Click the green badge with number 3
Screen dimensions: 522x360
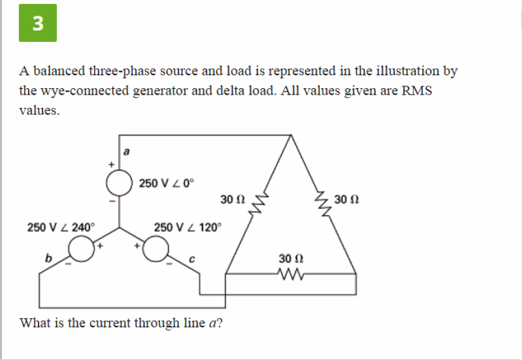[37, 23]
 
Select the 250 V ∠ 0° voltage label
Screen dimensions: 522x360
[167, 183]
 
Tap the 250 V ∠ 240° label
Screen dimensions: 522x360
[61, 227]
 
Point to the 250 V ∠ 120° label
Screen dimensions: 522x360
[188, 227]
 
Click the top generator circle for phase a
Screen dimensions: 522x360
[119, 184]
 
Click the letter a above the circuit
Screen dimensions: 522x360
[127, 151]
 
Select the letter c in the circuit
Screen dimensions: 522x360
[192, 259]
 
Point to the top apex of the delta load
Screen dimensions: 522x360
[291, 136]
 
